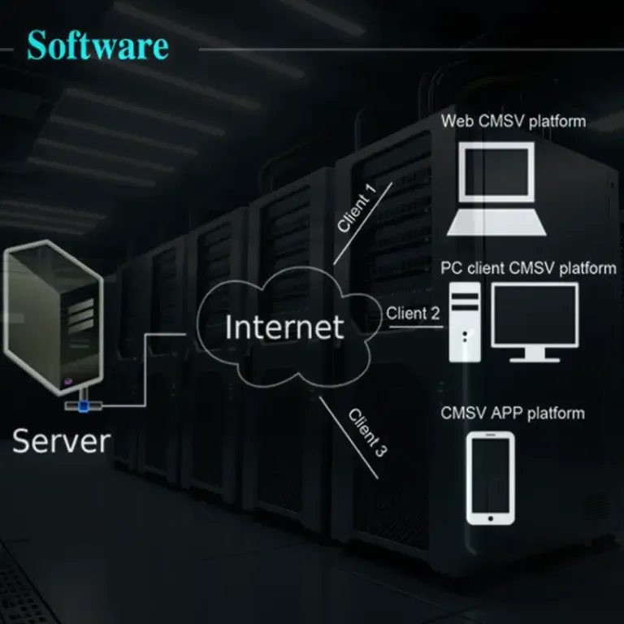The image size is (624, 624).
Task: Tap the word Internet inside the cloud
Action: click(x=284, y=327)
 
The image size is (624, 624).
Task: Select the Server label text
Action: click(x=61, y=441)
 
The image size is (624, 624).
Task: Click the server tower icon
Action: click(x=54, y=318)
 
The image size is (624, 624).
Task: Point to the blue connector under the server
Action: click(x=84, y=406)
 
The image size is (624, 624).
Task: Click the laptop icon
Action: click(x=496, y=188)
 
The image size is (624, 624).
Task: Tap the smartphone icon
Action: click(x=490, y=479)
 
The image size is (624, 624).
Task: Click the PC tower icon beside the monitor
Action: click(x=465, y=323)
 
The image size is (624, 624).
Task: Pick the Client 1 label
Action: click(x=357, y=208)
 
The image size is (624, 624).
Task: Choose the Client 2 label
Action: click(x=413, y=313)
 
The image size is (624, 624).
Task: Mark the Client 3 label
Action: click(x=368, y=432)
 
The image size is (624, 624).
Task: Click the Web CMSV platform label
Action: click(x=513, y=121)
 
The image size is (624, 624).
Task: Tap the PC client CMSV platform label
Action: click(x=528, y=268)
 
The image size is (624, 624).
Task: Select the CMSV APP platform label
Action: click(x=513, y=413)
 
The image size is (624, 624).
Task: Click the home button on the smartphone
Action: click(x=490, y=518)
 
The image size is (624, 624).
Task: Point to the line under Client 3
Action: click(x=349, y=437)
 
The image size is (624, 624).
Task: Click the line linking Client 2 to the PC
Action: click(x=416, y=327)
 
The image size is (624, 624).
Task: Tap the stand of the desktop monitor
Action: click(x=535, y=354)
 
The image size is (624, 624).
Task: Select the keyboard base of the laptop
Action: click(x=496, y=223)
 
